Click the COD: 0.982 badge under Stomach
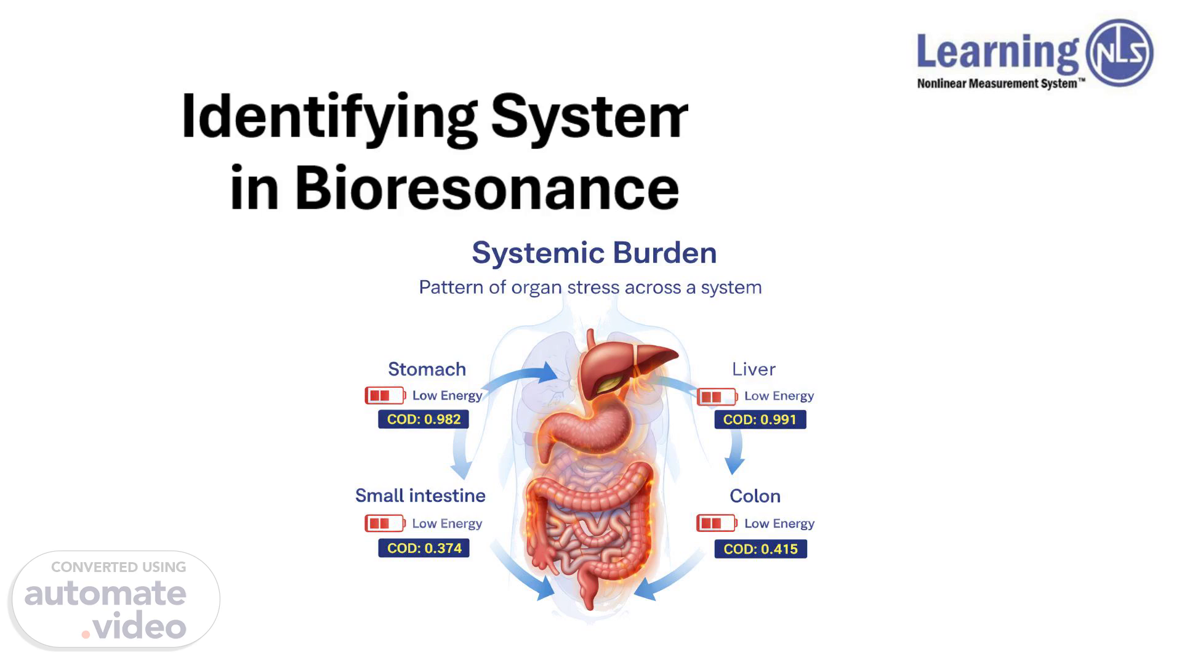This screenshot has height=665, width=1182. [424, 419]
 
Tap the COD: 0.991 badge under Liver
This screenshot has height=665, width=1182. [760, 420]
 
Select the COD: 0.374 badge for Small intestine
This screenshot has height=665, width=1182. [424, 548]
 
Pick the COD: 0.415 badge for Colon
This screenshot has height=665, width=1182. [760, 549]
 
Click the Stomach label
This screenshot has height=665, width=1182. [427, 369]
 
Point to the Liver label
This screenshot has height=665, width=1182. [754, 369]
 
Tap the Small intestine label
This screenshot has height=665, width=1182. [420, 496]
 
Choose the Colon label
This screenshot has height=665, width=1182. [755, 496]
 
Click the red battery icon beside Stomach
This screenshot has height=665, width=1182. [385, 395]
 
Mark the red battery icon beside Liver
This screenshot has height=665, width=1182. [717, 397]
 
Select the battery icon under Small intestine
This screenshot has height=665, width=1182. [385, 523]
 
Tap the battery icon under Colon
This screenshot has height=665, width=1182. [717, 523]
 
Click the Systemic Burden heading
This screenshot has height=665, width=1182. [594, 253]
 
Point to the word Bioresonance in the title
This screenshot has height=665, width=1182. [486, 188]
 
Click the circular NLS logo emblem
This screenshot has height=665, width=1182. [1119, 52]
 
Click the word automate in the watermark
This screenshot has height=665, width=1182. [105, 594]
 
